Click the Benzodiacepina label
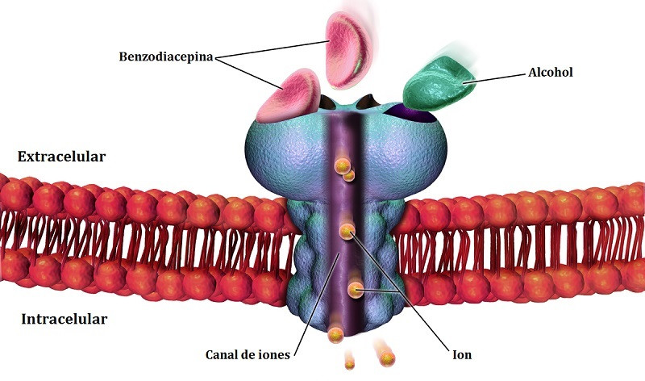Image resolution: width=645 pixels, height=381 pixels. click(x=166, y=57)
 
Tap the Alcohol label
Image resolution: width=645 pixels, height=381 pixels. click(x=551, y=73)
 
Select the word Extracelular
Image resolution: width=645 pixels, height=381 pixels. click(x=62, y=157)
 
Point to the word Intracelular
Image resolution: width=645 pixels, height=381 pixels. click(x=64, y=319)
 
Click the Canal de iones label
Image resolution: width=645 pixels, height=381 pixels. click(x=248, y=354)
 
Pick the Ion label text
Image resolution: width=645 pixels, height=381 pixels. click(x=462, y=354)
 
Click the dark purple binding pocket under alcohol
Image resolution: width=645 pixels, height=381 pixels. click(x=411, y=113)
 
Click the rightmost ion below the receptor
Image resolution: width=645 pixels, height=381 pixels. click(x=387, y=358)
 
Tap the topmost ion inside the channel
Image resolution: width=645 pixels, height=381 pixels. click(x=342, y=166)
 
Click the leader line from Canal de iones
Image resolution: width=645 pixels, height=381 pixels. click(x=317, y=303)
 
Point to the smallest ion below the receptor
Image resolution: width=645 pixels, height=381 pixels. click(x=350, y=364)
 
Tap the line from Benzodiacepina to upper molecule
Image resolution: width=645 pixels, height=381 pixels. click(x=272, y=49)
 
